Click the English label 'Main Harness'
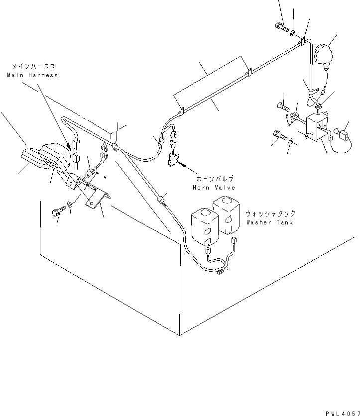32,75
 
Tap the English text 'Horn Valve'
213,187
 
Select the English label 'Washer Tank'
269,222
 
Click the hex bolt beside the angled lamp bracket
57,212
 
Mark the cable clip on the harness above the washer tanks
160,201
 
